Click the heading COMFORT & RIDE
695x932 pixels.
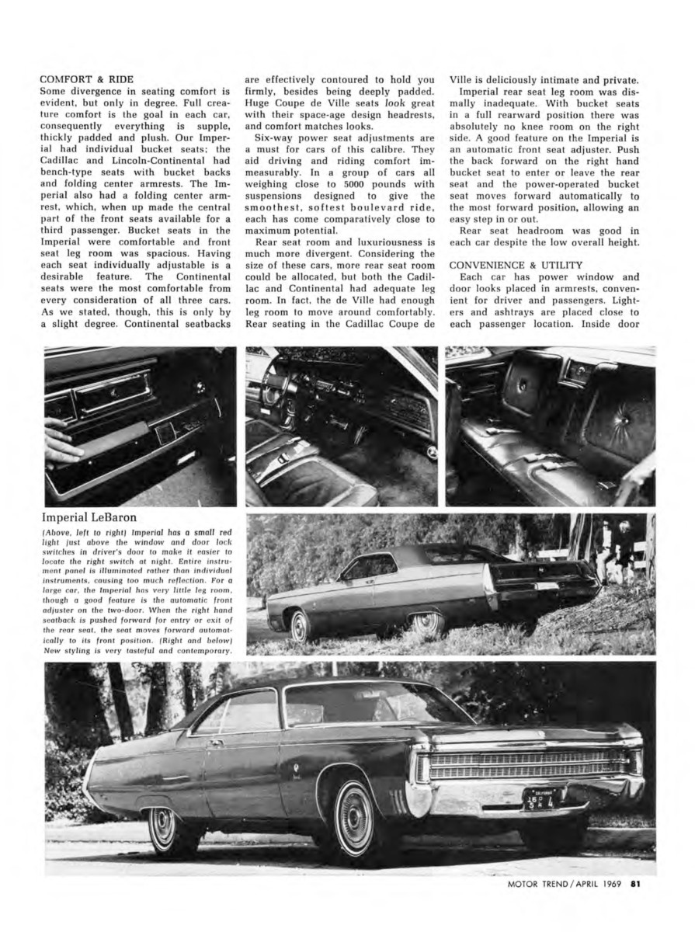click(86, 78)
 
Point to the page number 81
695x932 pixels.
click(635, 903)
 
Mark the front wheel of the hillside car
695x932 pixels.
click(301, 624)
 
